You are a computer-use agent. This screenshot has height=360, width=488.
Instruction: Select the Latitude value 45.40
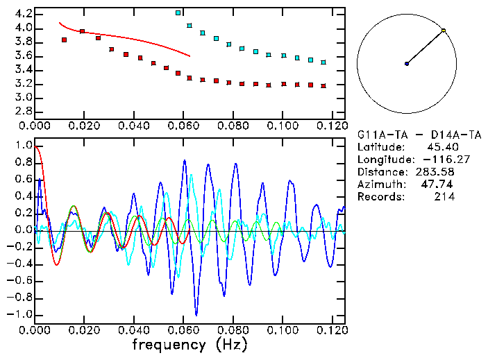point(441,146)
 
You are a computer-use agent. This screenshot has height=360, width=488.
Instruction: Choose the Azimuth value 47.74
point(438,184)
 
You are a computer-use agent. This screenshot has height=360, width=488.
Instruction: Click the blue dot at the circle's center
point(407,64)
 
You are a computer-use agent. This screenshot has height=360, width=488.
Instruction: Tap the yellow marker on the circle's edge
point(444,31)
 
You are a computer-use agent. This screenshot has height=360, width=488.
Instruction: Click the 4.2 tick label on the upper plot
point(22,14)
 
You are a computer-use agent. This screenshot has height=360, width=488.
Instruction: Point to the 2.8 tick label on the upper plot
point(22,111)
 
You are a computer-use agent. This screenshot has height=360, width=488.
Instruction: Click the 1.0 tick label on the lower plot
point(22,146)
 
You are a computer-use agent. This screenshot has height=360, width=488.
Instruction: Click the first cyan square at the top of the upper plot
point(178,12)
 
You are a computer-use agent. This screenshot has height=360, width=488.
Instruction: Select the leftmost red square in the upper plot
point(64,40)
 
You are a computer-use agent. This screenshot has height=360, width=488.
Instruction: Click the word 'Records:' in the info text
point(380,196)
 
